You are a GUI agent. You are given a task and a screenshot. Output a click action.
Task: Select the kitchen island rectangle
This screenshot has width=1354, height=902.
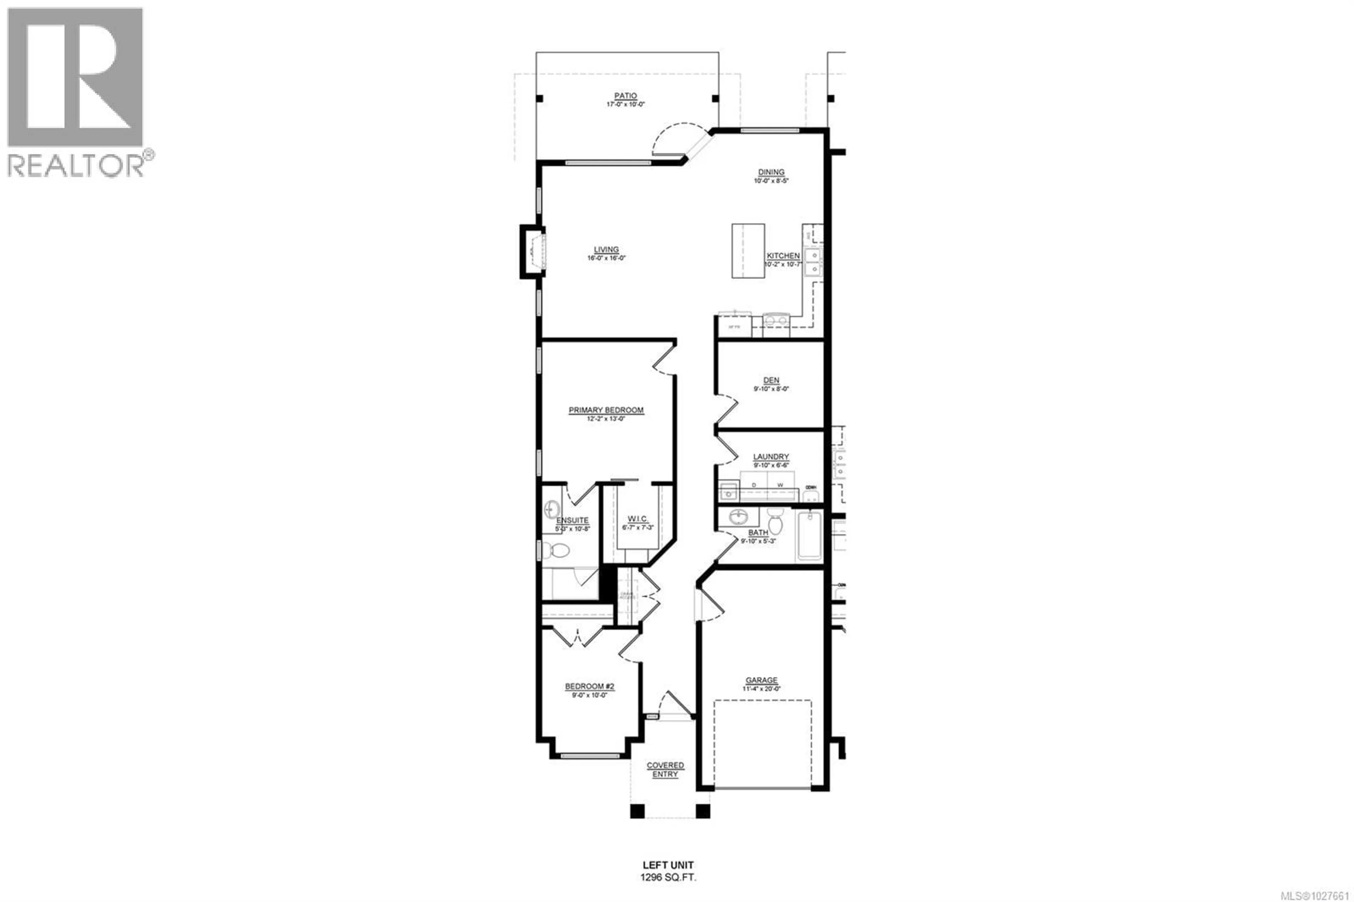(x=748, y=251)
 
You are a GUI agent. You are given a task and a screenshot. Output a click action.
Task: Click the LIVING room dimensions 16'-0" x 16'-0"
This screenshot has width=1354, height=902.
(x=606, y=258)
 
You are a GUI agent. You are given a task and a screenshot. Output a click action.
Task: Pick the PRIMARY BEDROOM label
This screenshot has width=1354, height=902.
(x=606, y=410)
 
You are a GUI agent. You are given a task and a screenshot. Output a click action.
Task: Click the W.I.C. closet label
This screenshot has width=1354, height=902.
(x=638, y=519)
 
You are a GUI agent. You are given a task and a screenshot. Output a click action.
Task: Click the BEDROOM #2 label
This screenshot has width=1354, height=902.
(x=590, y=686)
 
